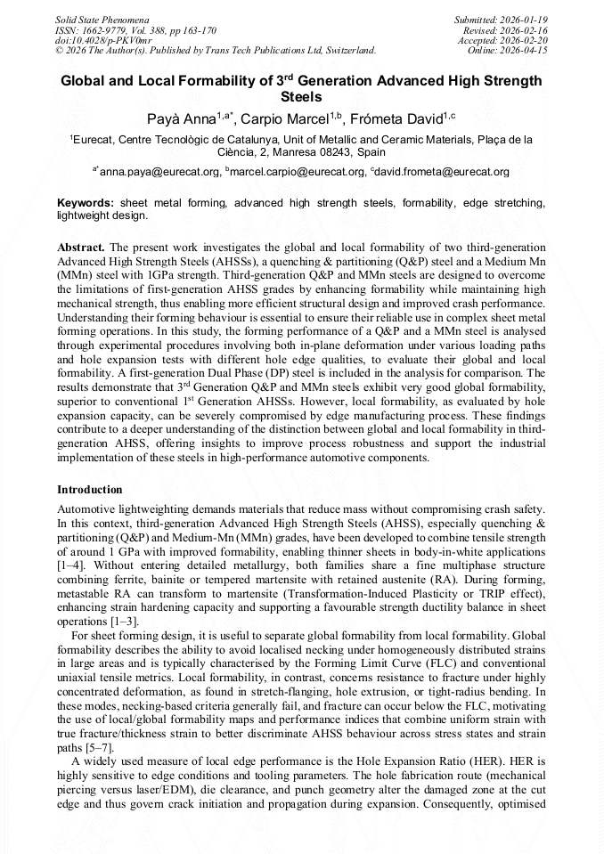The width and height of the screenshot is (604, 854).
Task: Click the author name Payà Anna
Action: (x=175, y=118)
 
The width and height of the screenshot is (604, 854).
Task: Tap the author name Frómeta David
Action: (x=400, y=118)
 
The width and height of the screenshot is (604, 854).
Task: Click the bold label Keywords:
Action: (x=86, y=204)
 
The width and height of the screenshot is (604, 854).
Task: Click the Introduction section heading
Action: (x=90, y=490)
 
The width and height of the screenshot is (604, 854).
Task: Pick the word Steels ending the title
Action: (x=301, y=96)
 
